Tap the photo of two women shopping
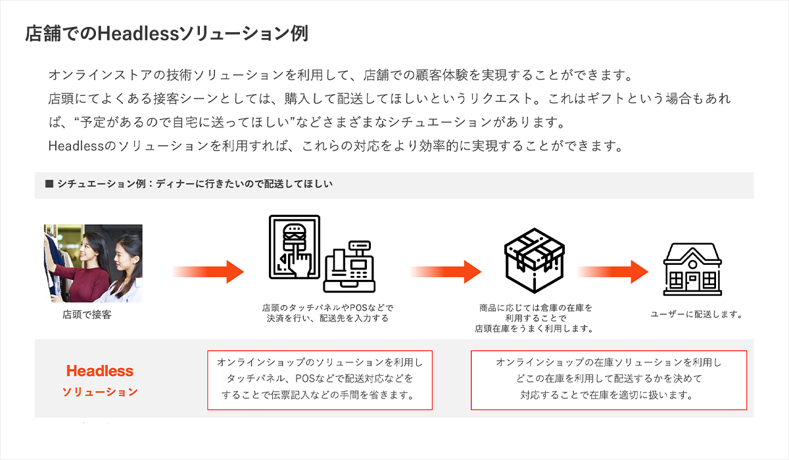pyautogui.click(x=93, y=263)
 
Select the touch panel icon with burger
pyautogui.click(x=294, y=248)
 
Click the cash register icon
pyautogui.click(x=349, y=269)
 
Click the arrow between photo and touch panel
pyautogui.click(x=208, y=270)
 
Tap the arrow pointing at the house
pyautogui.click(x=612, y=270)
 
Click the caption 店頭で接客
pyautogui.click(x=87, y=315)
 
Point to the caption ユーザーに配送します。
pyautogui.click(x=696, y=315)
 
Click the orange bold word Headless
pyautogui.click(x=100, y=371)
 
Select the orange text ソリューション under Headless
pyautogui.click(x=100, y=392)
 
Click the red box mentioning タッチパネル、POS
pyautogui.click(x=320, y=380)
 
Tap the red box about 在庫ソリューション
pyautogui.click(x=608, y=380)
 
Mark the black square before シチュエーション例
pyautogui.click(x=49, y=184)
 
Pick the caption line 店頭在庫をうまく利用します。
pyautogui.click(x=534, y=329)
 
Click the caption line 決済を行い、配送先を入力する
pyautogui.click(x=327, y=319)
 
